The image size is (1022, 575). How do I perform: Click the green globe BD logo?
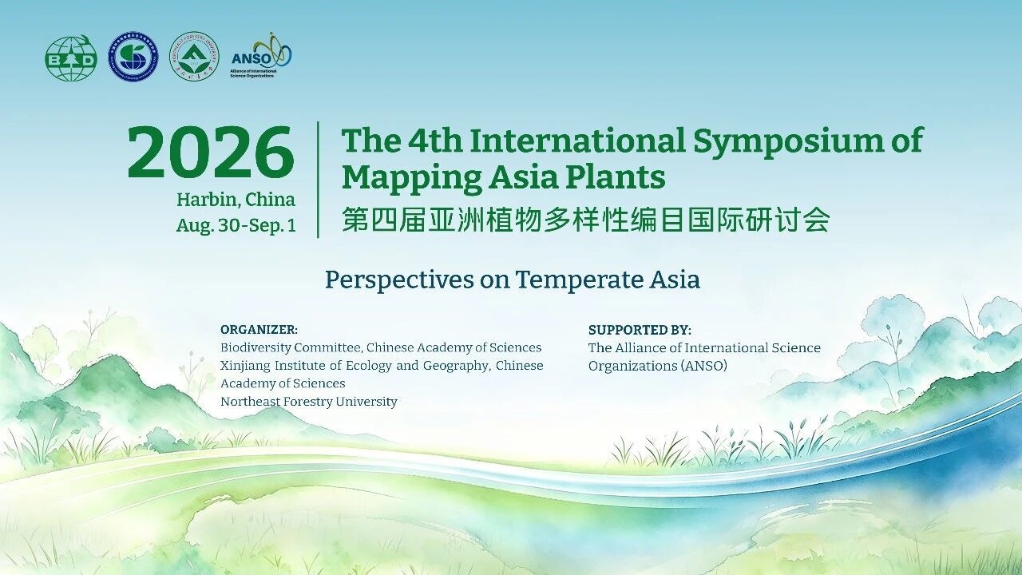71,58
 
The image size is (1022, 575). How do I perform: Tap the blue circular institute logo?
133,57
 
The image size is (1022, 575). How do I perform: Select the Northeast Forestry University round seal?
194,57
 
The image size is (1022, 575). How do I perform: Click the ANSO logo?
261,56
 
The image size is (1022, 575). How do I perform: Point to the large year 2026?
210,152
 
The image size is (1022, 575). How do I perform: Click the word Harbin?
208,200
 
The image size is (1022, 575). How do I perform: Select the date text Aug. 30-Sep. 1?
236,225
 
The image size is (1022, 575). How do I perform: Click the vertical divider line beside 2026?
318,180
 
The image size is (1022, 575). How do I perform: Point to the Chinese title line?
585,220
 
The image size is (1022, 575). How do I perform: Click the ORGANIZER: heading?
259,330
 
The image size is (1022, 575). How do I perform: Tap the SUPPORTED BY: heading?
640,330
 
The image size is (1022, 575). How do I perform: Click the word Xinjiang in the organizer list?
245,366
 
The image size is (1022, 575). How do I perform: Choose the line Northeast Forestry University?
309,402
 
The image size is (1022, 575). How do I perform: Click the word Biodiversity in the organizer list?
255,347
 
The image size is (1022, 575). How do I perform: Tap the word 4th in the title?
435,141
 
